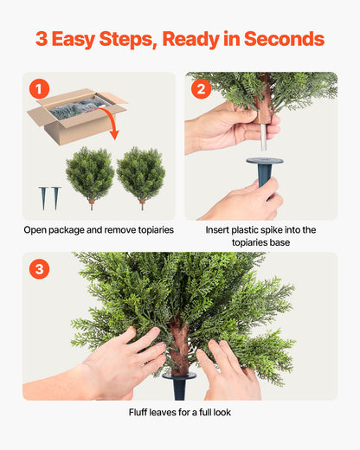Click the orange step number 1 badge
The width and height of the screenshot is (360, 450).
[x=39, y=88]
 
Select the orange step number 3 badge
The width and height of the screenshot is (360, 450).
[x=39, y=269]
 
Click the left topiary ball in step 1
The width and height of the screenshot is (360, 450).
[x=90, y=173]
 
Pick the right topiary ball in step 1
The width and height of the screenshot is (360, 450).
[x=141, y=173]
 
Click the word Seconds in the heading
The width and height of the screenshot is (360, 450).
[x=284, y=39]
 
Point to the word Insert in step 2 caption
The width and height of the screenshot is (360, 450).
[x=220, y=230]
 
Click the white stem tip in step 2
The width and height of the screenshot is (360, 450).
[x=265, y=132]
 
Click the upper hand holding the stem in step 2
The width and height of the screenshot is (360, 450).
[x=227, y=125]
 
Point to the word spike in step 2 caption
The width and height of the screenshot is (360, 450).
[x=280, y=230]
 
